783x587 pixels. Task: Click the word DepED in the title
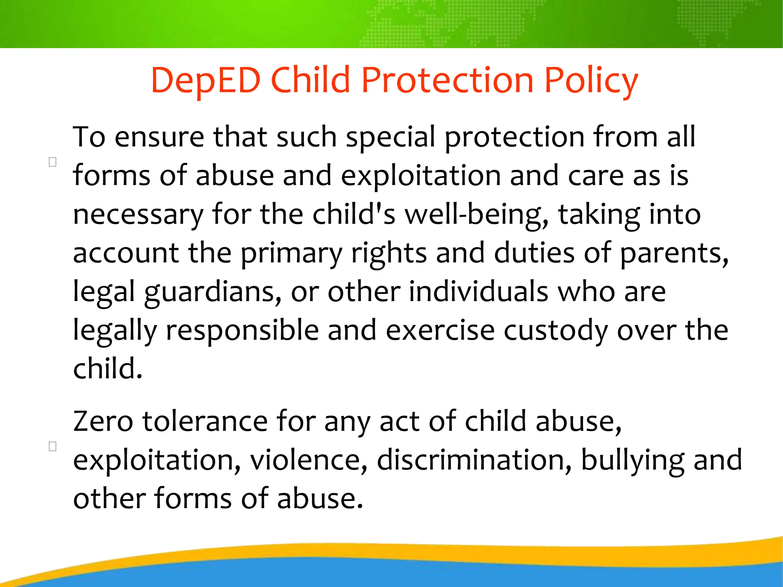click(x=206, y=80)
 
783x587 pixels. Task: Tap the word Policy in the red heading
click(x=591, y=81)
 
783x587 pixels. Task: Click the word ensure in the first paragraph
click(x=159, y=137)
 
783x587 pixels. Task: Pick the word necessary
click(x=138, y=215)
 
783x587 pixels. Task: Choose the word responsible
click(x=242, y=330)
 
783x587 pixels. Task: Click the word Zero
click(x=103, y=421)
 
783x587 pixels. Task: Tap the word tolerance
click(x=205, y=421)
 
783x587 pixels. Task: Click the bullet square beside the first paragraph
click(x=53, y=162)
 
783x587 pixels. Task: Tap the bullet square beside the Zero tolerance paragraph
click(x=53, y=446)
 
